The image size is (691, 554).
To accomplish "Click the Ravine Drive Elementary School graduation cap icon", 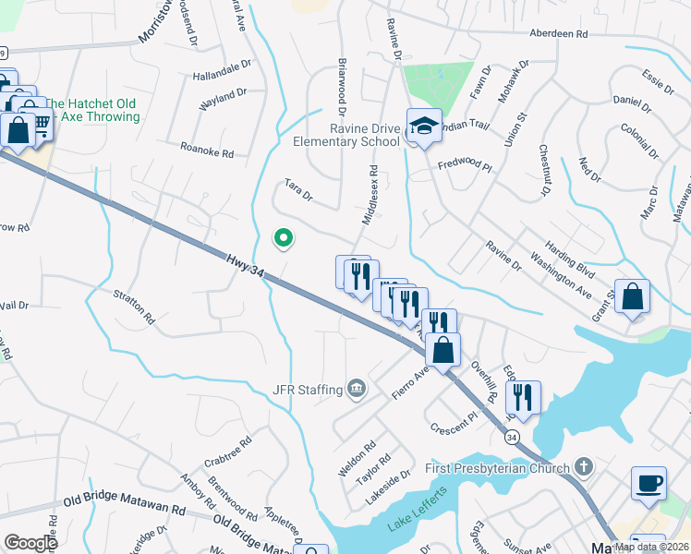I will point(424,127).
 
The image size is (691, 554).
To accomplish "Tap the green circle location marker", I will point(283,239).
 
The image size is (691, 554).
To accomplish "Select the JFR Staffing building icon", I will point(356,389).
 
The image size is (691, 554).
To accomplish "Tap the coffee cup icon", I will point(649,483).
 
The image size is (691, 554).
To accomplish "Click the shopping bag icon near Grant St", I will point(633,297).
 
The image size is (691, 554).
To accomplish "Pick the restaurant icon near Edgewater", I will point(523,397).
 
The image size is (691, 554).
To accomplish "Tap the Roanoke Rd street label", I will point(207,150).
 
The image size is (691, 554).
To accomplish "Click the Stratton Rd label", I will point(135,307).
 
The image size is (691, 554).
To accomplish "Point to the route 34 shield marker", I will point(511,435).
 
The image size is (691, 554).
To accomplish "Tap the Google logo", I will point(30,543).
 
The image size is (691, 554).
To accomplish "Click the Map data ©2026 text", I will point(651,547).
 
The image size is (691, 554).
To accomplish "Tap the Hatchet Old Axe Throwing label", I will point(92,110).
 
